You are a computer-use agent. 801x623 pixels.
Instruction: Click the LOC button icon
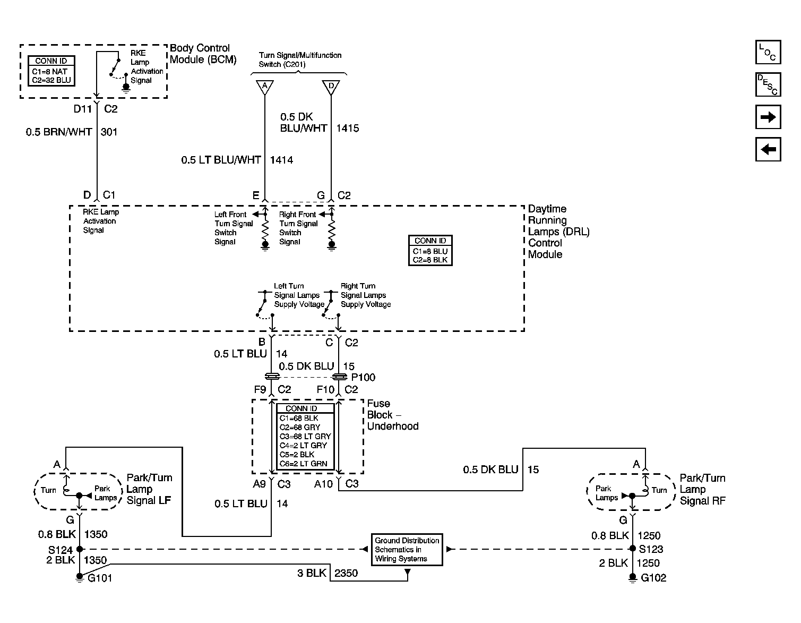tap(768, 53)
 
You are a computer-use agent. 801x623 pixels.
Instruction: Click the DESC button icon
tap(768, 84)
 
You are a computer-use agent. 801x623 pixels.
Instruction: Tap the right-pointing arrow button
tap(768, 117)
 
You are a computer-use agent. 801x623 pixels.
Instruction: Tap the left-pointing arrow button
tap(768, 149)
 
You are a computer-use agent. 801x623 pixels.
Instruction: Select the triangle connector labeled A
tap(265, 87)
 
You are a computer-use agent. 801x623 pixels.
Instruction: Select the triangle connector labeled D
tap(331, 87)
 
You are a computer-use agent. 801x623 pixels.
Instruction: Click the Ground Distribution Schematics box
tap(407, 549)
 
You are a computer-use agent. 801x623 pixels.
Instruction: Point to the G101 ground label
tap(99, 578)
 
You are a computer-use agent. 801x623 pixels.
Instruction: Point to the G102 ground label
tap(653, 578)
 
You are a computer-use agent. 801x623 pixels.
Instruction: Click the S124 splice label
tap(61, 550)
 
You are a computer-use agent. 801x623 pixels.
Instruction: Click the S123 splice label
tap(651, 549)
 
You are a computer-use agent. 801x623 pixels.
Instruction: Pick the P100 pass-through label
tap(363, 377)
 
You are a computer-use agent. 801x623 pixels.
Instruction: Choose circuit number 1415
tap(348, 129)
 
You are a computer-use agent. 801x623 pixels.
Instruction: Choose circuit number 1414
tap(282, 160)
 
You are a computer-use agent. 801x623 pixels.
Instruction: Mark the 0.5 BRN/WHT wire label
tap(58, 132)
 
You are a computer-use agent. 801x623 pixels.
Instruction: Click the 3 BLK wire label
tap(312, 573)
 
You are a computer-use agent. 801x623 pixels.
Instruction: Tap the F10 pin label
tap(325, 389)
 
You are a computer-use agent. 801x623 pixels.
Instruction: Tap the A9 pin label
tap(260, 484)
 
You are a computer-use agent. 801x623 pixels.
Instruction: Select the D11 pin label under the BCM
tap(83, 109)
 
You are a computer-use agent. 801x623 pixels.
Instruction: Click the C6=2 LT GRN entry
tap(303, 464)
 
